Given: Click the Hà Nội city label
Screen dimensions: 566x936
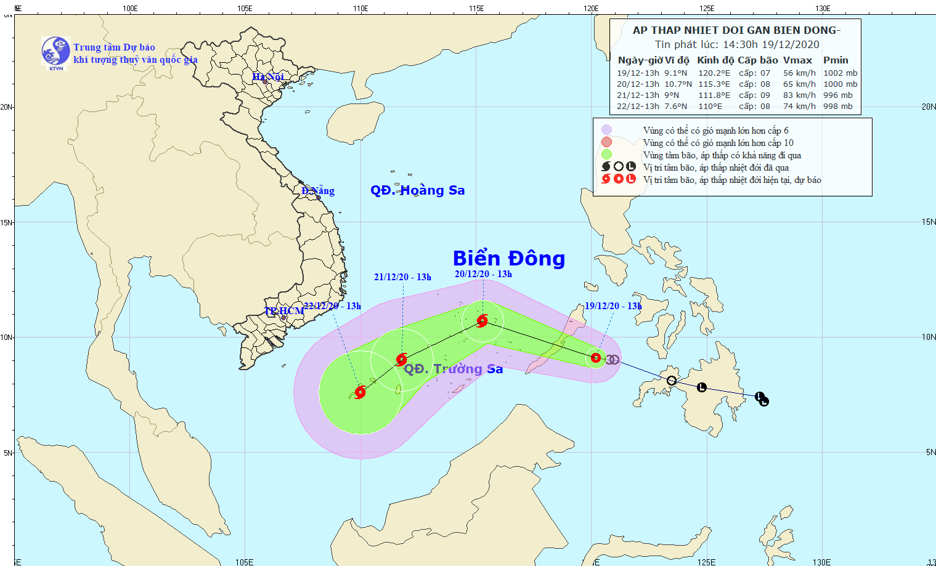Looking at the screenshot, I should point(268,77).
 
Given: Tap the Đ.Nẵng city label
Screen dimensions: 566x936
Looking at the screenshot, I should point(318,191).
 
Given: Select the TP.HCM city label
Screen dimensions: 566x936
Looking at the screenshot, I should point(284,311).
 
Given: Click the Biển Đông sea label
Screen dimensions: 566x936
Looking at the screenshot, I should point(508,259).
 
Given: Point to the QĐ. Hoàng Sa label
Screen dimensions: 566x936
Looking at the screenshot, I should point(417,190).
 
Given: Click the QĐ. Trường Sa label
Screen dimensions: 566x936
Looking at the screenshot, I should point(453,369).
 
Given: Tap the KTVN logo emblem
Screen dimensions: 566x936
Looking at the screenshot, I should point(55,51).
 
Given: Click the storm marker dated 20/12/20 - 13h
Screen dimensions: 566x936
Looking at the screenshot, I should point(482,320).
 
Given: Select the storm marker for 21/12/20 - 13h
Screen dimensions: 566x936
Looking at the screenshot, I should point(402,359).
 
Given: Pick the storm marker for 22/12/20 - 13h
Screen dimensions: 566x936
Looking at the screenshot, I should point(360,392).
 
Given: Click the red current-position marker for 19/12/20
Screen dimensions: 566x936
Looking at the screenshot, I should point(596,358).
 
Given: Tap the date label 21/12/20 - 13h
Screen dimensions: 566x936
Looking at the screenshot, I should point(402,277).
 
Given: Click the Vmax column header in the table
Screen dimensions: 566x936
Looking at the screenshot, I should point(797,60).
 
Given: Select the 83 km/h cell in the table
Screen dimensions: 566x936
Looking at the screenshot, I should point(799,95).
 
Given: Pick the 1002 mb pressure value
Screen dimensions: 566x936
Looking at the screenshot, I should point(840,73).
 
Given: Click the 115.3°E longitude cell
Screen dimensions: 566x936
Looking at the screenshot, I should point(714,84).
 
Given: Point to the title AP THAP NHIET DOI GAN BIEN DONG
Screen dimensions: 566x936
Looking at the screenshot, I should point(736,30).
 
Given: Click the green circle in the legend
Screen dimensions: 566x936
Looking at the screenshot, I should point(607,155).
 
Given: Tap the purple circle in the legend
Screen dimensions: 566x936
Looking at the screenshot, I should point(607,130).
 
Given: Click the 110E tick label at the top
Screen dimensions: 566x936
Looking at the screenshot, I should point(360,9).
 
